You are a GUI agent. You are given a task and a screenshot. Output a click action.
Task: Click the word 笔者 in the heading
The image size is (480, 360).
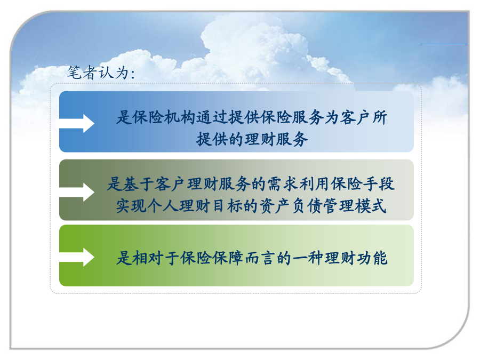[x=82, y=72]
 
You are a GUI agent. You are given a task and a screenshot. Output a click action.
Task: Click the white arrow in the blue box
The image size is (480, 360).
[x=76, y=124]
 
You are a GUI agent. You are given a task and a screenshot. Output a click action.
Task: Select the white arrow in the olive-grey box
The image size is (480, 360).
[x=76, y=192]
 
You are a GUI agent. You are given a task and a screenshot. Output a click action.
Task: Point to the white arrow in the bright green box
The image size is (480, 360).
[x=76, y=257]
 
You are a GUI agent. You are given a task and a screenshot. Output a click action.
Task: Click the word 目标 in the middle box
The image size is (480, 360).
[x=227, y=206]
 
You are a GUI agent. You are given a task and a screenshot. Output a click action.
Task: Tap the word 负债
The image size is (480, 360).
[x=307, y=206]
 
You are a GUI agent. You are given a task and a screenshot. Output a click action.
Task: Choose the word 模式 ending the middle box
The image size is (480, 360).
[x=371, y=206]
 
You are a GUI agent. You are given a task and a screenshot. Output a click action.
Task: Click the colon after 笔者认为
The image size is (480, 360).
[x=133, y=74]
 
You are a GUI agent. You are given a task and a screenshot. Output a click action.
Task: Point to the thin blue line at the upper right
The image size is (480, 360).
[x=444, y=44]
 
